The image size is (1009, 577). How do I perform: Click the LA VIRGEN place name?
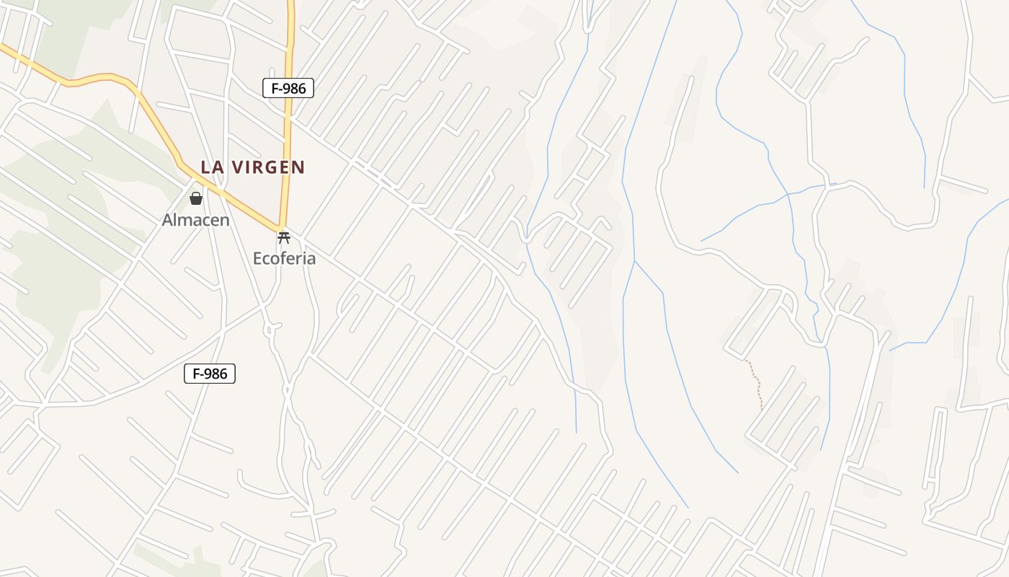coord(252,167)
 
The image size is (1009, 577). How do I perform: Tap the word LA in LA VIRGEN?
coord(210,167)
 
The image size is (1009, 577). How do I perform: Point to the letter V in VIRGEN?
coord(235,167)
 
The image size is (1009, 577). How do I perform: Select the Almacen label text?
coord(195,220)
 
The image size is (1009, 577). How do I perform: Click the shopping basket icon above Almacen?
coord(195,198)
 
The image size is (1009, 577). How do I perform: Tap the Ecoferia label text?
coord(284,258)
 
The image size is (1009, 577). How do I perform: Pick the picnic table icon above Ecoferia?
coord(284,237)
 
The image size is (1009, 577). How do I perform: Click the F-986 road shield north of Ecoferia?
coord(288,89)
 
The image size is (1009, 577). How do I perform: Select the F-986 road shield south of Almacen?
coord(210,374)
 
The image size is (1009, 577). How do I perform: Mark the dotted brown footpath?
coord(757,382)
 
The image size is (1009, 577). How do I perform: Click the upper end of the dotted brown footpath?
coord(746,360)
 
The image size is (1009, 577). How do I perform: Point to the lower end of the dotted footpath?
coord(762,410)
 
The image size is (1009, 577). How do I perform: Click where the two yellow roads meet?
coord(282,227)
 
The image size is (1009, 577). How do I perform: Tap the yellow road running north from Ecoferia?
coord(288,144)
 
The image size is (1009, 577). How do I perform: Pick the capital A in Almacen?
coord(167,220)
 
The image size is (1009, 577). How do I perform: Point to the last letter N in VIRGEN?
coord(299,167)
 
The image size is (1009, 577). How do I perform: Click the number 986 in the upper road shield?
coord(294,89)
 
